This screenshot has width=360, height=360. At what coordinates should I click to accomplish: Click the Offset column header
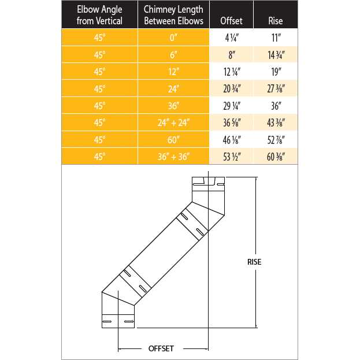pyautogui.click(x=231, y=21)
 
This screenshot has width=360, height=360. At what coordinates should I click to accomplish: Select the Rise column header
pyautogui.click(x=276, y=21)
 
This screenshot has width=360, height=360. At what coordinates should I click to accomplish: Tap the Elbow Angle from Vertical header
pyautogui.click(x=99, y=15)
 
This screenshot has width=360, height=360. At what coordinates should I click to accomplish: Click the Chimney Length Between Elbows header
pyautogui.click(x=173, y=15)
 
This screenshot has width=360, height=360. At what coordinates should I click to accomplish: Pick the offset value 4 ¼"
pyautogui.click(x=232, y=38)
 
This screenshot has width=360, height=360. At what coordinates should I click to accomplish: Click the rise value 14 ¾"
pyautogui.click(x=276, y=55)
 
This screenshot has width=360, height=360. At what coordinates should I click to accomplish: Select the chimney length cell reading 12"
pyautogui.click(x=173, y=72)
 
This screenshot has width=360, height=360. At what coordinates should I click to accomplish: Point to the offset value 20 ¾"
pyautogui.click(x=232, y=89)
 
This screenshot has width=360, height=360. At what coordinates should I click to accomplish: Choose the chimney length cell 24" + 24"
pyautogui.click(x=173, y=123)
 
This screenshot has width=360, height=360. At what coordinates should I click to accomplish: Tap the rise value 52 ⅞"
pyautogui.click(x=276, y=140)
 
